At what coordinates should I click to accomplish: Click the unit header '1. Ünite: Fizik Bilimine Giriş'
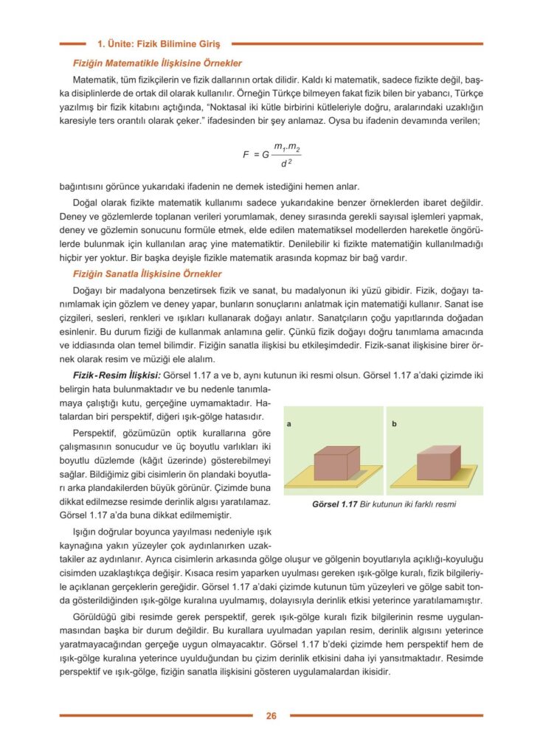point(164,44)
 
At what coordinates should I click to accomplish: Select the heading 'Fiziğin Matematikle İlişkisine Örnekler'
point(157,63)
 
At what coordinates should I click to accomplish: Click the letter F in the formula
point(246,155)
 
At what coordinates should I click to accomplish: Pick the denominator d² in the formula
point(286,162)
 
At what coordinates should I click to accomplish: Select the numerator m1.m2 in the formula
point(286,147)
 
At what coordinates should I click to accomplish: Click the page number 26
point(271,715)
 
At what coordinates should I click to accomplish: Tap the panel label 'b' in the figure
point(395,424)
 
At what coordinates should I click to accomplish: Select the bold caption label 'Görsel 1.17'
point(335,505)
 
